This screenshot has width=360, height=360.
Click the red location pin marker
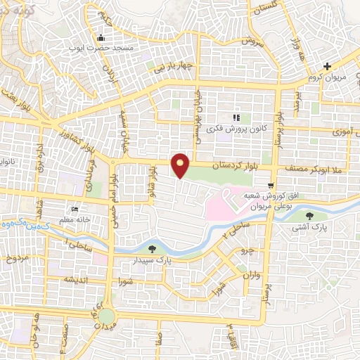click(x=181, y=165)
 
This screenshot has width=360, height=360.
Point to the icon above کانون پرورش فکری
click(x=236, y=117)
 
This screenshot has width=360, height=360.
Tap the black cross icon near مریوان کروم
click(x=327, y=67)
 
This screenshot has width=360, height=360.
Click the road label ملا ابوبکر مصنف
click(x=316, y=169)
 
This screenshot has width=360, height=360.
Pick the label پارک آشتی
click(x=311, y=229)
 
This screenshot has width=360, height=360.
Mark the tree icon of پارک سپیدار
click(x=153, y=248)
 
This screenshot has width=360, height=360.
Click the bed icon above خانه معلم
click(x=75, y=208)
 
